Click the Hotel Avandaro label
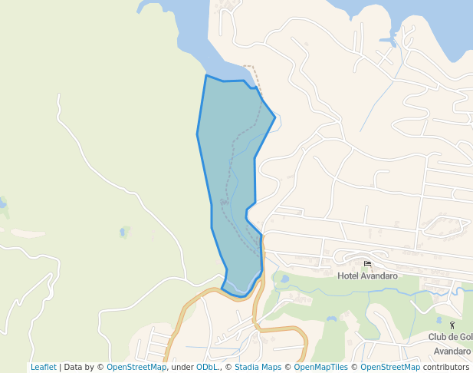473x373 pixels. pos(367,276)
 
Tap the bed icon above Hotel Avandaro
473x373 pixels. pos(368,264)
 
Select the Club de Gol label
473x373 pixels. pos(450,337)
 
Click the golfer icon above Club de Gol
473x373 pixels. pos(452,325)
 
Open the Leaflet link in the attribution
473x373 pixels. pos(43,367)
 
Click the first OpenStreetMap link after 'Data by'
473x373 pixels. pos(136,367)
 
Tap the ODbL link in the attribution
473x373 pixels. pos(207,367)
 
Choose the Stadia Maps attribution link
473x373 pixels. pos(258,367)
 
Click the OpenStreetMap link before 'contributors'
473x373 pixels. pos(390,367)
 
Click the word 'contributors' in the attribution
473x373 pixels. pos(445,367)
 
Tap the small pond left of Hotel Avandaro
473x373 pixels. pos(284,279)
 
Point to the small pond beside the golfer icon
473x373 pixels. pos(439,320)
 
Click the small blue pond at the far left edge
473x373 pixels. pos(2,203)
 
